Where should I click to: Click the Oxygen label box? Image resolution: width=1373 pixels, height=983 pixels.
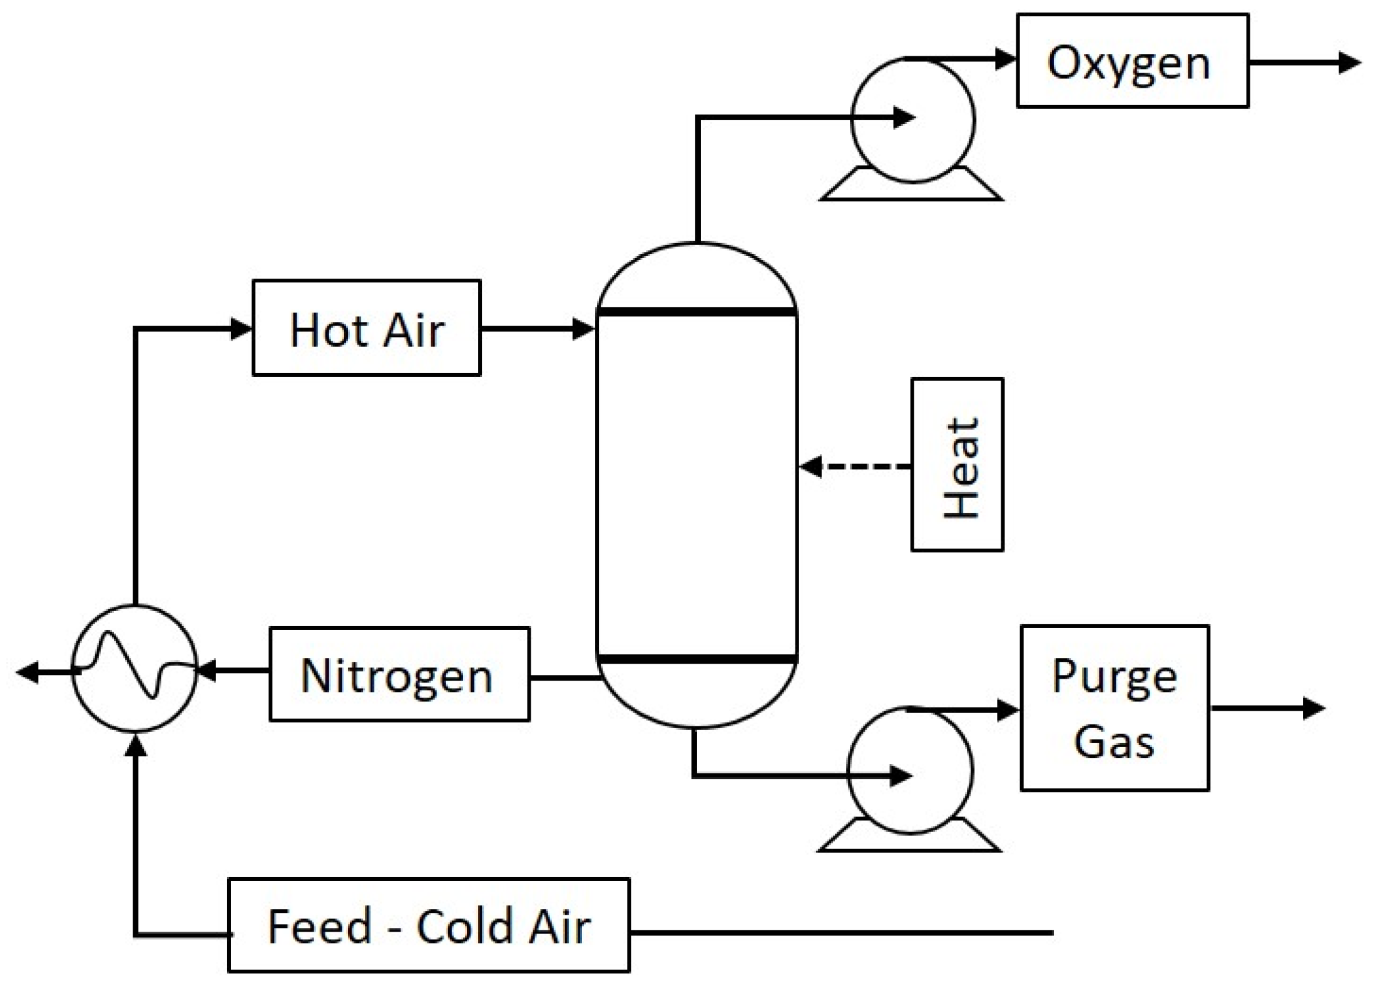(1132, 61)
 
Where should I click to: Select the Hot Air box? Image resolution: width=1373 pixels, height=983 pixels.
(366, 328)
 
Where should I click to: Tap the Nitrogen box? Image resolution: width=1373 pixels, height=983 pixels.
(399, 674)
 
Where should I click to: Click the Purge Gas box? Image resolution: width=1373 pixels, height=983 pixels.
(1114, 708)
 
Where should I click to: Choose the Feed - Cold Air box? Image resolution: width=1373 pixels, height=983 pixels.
(428, 925)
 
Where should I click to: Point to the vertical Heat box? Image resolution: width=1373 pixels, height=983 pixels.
(957, 465)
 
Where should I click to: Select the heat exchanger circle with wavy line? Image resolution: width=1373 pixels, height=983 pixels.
(135, 668)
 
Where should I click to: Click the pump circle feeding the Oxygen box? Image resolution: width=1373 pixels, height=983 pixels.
(912, 120)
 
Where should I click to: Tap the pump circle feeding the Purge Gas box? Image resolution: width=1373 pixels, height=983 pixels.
(910, 770)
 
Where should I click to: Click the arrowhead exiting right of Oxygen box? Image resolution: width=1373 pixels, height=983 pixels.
(1349, 63)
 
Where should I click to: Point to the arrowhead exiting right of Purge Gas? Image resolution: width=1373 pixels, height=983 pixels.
(1314, 708)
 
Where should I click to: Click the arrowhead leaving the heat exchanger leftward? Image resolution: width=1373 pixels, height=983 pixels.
(28, 672)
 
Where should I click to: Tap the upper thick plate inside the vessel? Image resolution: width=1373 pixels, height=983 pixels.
(697, 311)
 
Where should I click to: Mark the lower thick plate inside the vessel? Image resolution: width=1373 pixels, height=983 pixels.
(697, 659)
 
